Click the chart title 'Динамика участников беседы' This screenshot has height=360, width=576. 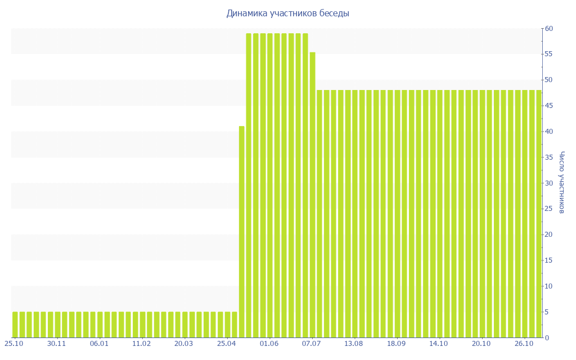coord(287,13)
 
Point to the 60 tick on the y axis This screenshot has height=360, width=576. coord(548,29)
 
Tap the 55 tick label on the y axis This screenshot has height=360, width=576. coord(548,54)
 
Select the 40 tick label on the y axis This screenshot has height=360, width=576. coord(548,132)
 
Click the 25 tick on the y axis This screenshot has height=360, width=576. coord(548,209)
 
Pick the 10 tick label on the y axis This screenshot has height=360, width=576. coord(548,286)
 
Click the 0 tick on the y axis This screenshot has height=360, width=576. coord(546,338)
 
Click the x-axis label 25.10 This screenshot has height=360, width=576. coord(14,344)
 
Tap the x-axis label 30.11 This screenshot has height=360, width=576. coord(57,344)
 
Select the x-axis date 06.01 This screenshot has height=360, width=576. coord(99,344)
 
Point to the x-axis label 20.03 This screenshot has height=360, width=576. coord(184,344)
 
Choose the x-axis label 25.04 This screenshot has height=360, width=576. coord(226,344)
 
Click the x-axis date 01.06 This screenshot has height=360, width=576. coord(269,344)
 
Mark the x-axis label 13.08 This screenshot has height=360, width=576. coord(354,344)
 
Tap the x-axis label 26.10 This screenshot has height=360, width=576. coord(524,344)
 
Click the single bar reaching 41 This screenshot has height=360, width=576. coord(242,232)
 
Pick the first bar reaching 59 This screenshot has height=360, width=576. coord(249,186)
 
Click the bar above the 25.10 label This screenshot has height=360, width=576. coord(15,325)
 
